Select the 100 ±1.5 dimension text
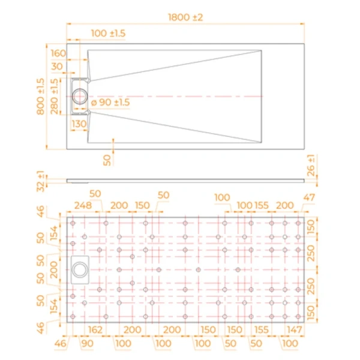pyautogui.click(x=108, y=33)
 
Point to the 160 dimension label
pyautogui.click(x=58, y=52)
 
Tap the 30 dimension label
pyautogui.click(x=58, y=66)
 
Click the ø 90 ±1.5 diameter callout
pyautogui.click(x=110, y=103)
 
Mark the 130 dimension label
pyautogui.click(x=79, y=123)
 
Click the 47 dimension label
pyautogui.click(x=310, y=197)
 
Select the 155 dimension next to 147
pyautogui.click(x=262, y=329)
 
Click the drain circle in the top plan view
pyautogui.click(x=80, y=96)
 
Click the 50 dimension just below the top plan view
pyautogui.click(x=107, y=159)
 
